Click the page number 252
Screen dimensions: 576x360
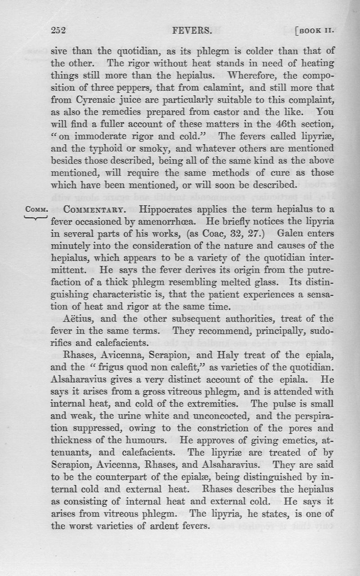pos(58,31)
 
